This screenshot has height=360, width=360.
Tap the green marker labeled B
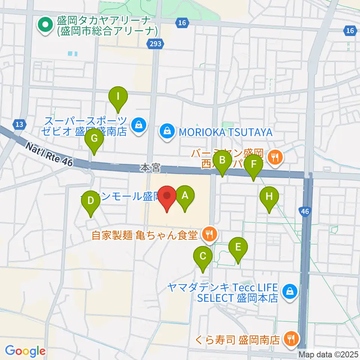click(222, 162)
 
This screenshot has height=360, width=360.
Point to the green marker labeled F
click(254, 165)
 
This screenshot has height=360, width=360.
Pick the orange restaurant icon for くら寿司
click(291, 339)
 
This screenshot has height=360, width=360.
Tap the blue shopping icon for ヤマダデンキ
click(289, 290)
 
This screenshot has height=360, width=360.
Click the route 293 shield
click(154, 44)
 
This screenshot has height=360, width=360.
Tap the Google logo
click(25, 351)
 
